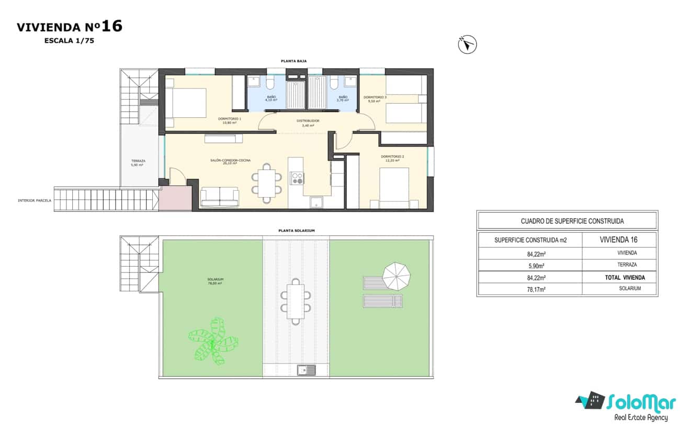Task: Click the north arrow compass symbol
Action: [467, 45]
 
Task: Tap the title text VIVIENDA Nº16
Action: [70, 27]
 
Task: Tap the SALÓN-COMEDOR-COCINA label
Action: [230, 161]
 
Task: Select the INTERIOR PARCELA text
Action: [35, 200]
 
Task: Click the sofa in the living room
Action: [220, 196]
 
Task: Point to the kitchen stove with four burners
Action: [297, 178]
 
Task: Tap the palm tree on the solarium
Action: [213, 342]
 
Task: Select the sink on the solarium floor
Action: [307, 370]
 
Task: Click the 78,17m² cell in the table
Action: [529, 289]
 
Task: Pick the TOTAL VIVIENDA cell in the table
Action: [625, 277]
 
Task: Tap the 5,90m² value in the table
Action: [529, 265]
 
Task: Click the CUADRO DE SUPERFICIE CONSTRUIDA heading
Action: [567, 221]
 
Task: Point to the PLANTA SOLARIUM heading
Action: [296, 231]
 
